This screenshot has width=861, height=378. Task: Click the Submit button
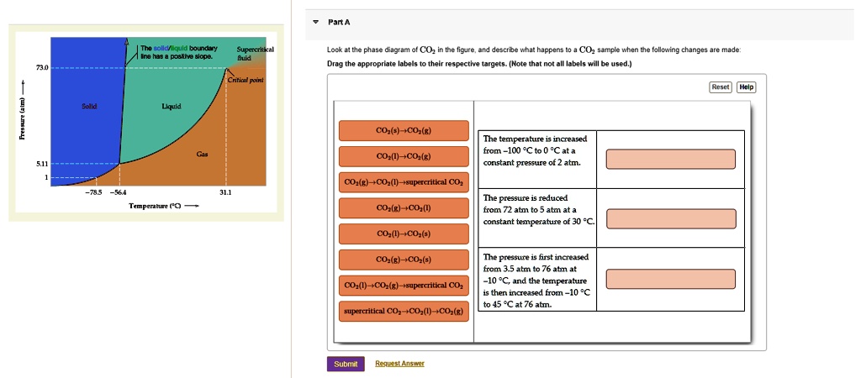click(x=346, y=364)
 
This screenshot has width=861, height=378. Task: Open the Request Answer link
click(x=399, y=363)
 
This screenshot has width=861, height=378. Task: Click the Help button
click(x=747, y=87)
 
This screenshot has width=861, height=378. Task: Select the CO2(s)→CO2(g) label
click(x=404, y=130)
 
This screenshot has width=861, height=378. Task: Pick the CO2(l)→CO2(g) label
click(x=404, y=156)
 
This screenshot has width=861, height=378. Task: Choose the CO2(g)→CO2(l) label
click(x=404, y=208)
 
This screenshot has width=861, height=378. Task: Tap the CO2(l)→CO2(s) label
click(x=404, y=234)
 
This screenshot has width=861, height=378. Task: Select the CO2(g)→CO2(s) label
click(x=404, y=260)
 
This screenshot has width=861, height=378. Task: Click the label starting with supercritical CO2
click(x=404, y=311)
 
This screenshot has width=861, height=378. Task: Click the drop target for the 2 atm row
click(x=670, y=159)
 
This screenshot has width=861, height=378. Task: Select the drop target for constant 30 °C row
click(x=670, y=218)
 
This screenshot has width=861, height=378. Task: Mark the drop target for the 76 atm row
click(x=670, y=279)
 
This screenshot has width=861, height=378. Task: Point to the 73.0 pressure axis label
click(x=42, y=67)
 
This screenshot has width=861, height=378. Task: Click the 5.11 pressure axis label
click(x=42, y=164)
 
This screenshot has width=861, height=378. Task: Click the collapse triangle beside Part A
click(x=315, y=23)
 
